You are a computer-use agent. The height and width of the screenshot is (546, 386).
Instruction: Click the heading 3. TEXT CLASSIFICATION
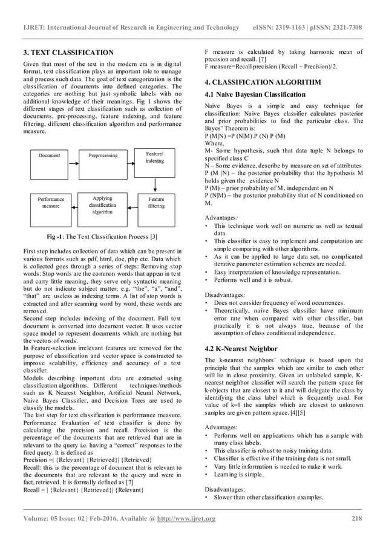click(68, 53)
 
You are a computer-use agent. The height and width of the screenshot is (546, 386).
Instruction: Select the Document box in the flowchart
click(50, 155)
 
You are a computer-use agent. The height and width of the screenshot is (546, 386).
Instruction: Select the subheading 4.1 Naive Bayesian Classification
click(255, 94)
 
